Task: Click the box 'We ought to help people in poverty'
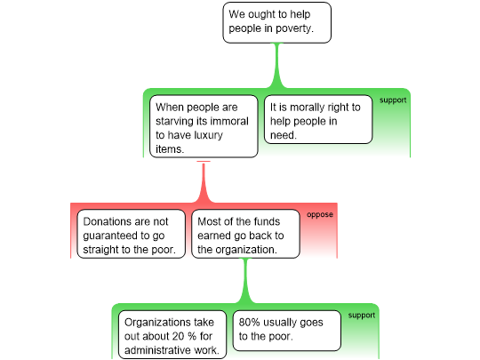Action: [276, 22]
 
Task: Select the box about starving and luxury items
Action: [204, 126]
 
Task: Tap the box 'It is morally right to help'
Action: [318, 119]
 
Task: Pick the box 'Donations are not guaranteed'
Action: [131, 234]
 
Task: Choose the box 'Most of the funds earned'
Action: [245, 234]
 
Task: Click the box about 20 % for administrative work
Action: [172, 334]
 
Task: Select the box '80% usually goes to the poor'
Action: [287, 331]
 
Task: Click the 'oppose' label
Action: [320, 214]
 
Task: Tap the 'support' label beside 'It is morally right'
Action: [393, 100]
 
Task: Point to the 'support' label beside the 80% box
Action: [361, 316]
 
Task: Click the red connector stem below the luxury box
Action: [204, 181]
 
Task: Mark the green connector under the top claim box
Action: [276, 66]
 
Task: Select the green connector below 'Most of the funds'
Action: [245, 281]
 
